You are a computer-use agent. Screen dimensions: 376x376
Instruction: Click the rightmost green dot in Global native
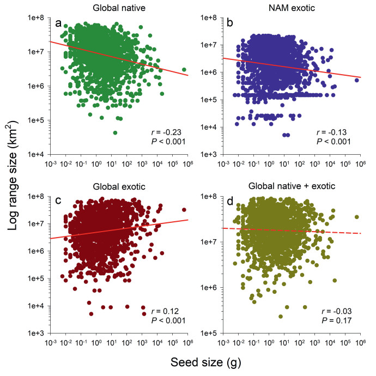(184, 70)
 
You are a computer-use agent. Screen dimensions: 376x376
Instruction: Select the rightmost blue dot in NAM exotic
(357, 80)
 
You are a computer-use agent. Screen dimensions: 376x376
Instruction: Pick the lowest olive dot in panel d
(281, 316)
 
